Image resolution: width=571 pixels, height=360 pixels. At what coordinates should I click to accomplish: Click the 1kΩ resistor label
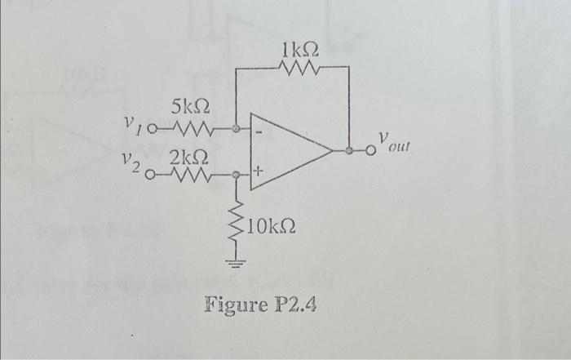click(295, 49)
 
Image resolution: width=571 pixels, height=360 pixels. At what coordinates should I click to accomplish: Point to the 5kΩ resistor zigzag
click(194, 129)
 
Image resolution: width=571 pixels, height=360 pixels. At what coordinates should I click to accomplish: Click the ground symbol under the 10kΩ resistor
click(237, 264)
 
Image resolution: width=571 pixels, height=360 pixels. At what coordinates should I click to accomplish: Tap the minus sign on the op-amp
click(258, 131)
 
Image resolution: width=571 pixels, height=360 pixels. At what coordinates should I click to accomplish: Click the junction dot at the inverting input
click(237, 129)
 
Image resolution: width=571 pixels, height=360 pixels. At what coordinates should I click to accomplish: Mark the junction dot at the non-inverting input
click(237, 175)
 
